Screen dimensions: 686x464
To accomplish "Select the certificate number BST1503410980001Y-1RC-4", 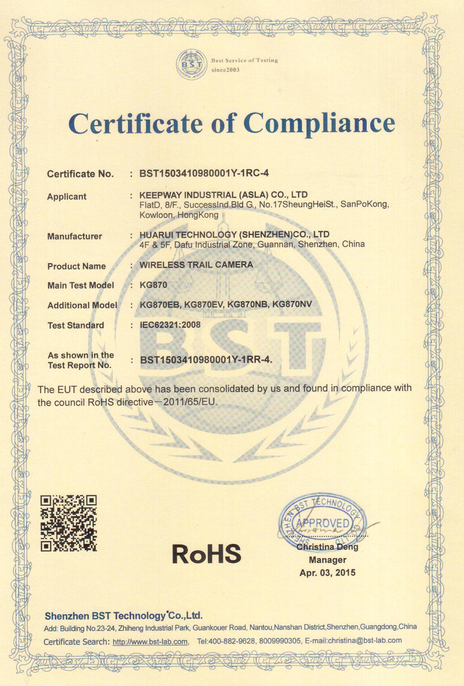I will coord(204,173).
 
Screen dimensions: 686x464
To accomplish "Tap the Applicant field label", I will coord(67,197).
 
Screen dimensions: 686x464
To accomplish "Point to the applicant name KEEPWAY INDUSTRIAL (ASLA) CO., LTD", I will coord(223,195).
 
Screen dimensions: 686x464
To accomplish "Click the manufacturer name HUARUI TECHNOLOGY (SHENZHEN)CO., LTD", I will coord(234,234).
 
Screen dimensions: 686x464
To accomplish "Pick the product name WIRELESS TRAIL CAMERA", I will coord(196,265).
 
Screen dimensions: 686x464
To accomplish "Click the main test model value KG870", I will coord(153,285).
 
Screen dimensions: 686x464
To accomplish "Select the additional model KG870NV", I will coord(293,304).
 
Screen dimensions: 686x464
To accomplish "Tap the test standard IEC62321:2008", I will coord(170,325).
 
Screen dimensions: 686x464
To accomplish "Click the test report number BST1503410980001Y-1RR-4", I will coord(206,360).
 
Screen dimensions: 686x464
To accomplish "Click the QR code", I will coord(69,523).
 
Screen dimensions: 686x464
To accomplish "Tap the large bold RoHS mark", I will coord(207,553).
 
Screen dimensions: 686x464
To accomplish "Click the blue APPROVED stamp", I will coord(322,522).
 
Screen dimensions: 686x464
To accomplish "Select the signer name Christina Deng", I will coord(327,547).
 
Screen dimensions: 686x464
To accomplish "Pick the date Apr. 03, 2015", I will coord(327,572).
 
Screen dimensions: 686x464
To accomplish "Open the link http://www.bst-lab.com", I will coord(150,642).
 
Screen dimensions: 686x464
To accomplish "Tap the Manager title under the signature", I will coord(327,560).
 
